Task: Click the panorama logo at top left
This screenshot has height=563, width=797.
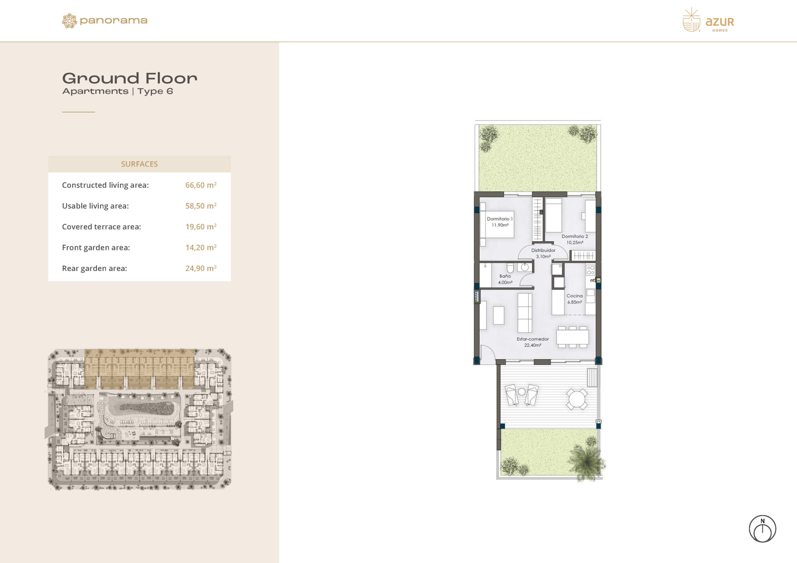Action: [105, 21]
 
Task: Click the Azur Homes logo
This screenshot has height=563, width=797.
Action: [708, 20]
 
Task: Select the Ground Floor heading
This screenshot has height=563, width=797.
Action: [130, 78]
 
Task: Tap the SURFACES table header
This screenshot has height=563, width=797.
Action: [139, 164]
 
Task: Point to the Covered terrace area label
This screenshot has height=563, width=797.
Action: [101, 226]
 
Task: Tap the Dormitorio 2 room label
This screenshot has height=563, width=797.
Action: [575, 239]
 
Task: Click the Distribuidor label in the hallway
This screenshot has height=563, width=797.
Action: [543, 253]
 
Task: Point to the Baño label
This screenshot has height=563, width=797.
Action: [505, 279]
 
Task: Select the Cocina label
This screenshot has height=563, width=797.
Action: [574, 299]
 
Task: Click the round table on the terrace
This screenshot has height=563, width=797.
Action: [577, 399]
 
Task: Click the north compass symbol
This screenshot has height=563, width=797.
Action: [762, 529]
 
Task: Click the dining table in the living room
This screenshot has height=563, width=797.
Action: [573, 337]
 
